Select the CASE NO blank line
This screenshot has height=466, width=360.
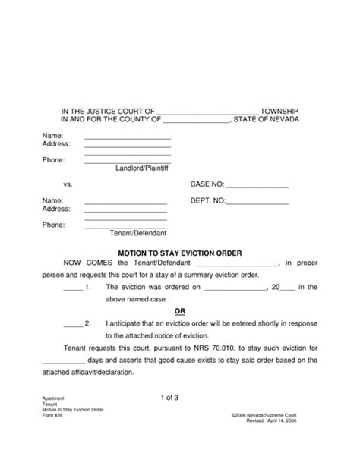pos(257,185)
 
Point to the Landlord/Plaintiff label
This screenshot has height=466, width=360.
pos(143,168)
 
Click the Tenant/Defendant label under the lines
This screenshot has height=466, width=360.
pos(138,233)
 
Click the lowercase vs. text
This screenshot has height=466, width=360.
pos(68,185)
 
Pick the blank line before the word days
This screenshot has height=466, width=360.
pos(65,361)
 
